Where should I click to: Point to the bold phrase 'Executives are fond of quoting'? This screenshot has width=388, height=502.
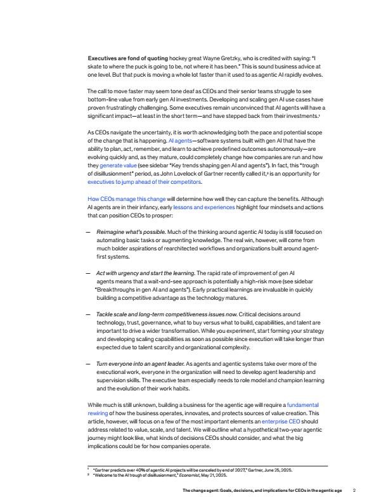123,58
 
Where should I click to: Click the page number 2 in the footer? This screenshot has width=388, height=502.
354,490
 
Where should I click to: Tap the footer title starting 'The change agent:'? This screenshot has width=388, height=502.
262,490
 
